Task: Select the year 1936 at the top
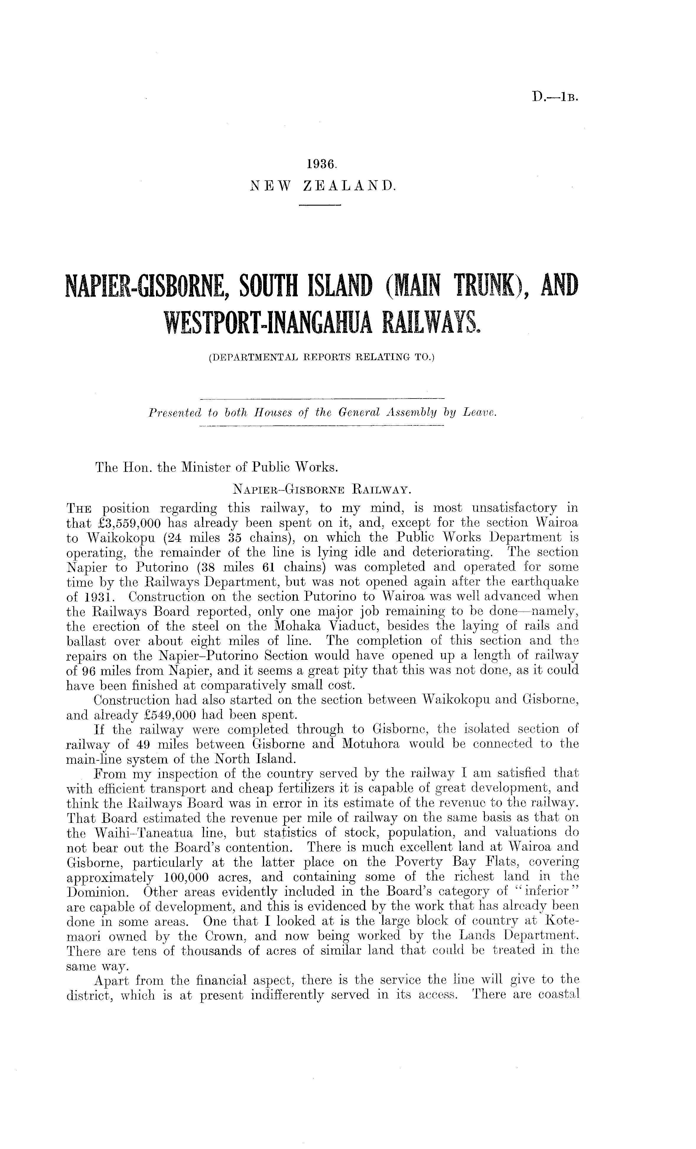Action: (322, 165)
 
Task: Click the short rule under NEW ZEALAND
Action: (320, 205)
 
